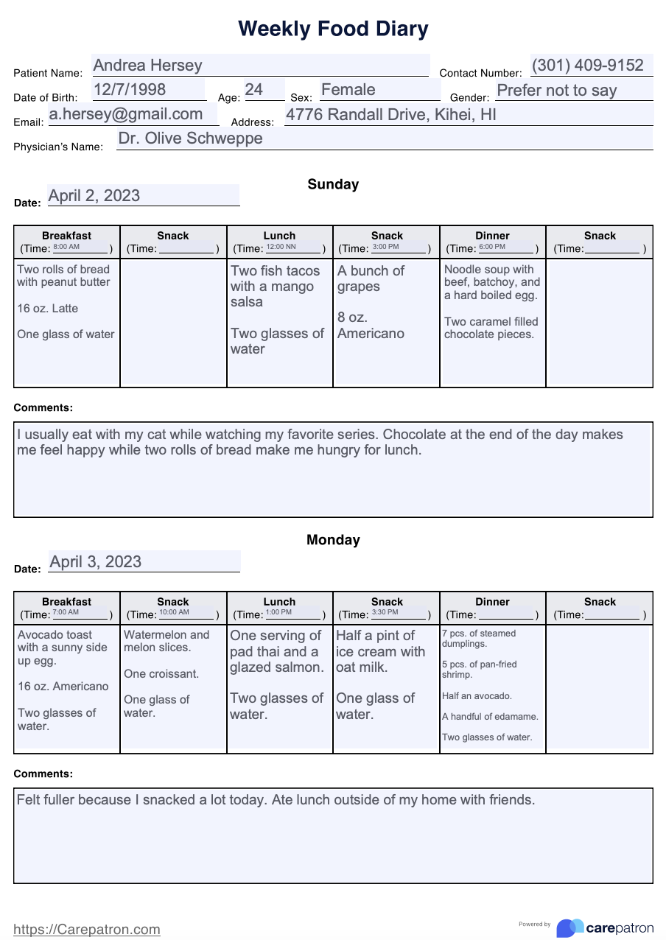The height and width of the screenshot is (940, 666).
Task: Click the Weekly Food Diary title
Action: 333,29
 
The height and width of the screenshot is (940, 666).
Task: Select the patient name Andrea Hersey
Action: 147,66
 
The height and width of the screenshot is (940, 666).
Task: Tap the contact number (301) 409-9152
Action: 587,66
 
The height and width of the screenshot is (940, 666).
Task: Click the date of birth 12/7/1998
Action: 129,90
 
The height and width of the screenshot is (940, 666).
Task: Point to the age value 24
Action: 254,90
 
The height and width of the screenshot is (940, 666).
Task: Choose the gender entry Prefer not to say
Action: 556,91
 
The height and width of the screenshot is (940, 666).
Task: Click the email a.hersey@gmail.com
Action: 126,114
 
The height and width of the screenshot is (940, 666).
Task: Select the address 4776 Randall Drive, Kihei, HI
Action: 390,115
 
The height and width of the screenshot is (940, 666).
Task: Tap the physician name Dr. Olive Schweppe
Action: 190,138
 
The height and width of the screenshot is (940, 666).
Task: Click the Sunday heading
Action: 333,184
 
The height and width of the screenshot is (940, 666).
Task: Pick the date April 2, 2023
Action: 94,196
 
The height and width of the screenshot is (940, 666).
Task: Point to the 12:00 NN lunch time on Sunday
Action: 281,247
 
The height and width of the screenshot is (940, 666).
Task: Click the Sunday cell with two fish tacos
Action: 278,309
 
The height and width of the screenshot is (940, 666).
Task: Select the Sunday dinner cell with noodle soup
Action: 492,302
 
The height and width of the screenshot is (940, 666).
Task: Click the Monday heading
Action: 333,540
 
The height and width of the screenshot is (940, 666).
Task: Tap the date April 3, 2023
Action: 96,562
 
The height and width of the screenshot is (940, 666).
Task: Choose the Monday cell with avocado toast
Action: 66,679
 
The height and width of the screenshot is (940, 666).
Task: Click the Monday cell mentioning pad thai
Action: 278,674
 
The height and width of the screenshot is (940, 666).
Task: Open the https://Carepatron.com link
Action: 87,930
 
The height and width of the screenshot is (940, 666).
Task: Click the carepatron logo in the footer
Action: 605,927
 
